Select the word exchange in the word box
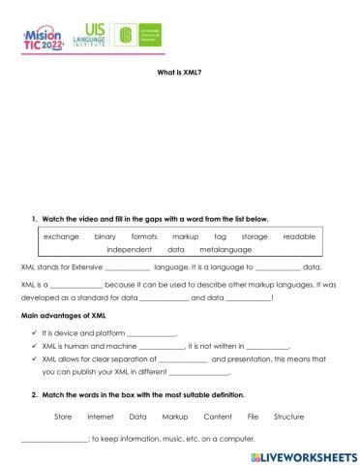(x=61, y=236)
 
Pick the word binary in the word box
(x=105, y=236)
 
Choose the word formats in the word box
(x=144, y=236)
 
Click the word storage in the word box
(x=255, y=236)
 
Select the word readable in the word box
(x=299, y=236)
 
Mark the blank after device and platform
(x=151, y=332)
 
